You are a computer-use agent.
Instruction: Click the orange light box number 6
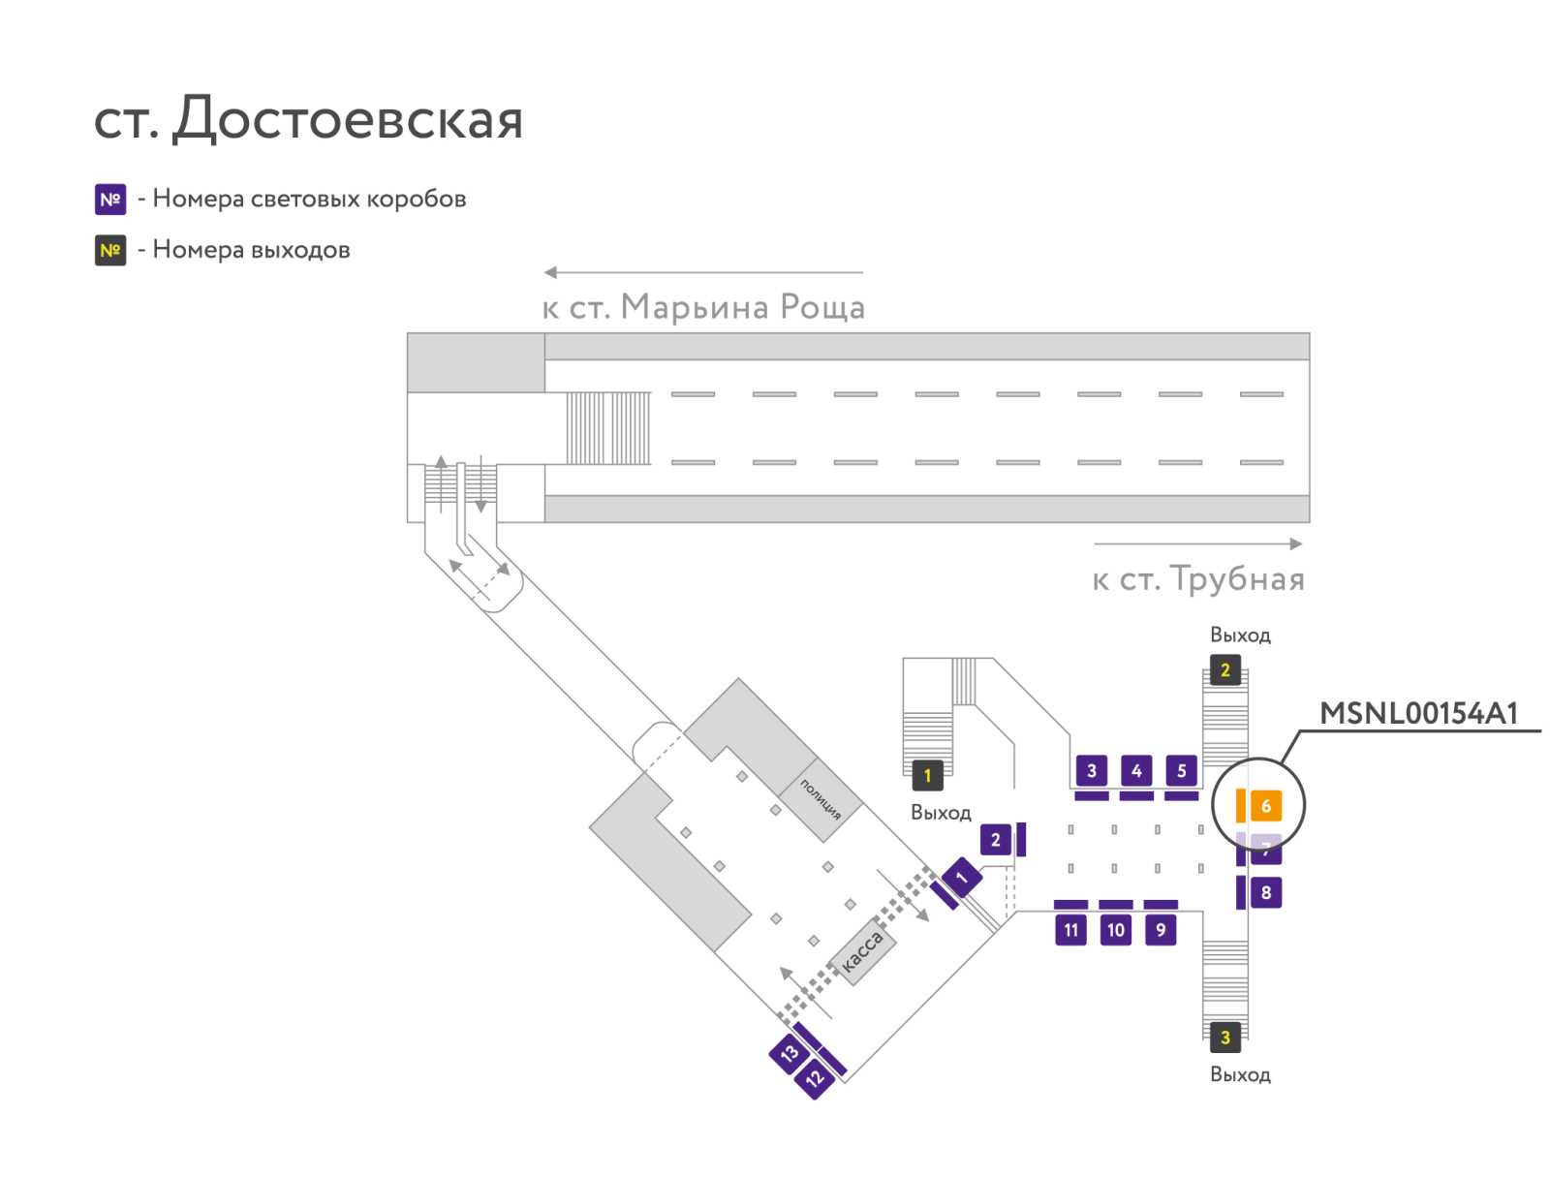point(1265,805)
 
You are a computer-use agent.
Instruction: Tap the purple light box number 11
point(1070,930)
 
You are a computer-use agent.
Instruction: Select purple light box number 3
point(1092,770)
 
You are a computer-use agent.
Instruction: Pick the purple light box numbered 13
point(790,1053)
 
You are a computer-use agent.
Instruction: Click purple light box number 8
point(1265,892)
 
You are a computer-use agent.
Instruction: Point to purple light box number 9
point(1161,930)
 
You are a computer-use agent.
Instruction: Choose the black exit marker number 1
point(927,775)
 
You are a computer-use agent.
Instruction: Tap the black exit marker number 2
point(1225,669)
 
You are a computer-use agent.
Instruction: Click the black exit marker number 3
point(1225,1037)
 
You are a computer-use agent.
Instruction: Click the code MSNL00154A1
point(1418,713)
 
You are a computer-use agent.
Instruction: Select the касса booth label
point(862,950)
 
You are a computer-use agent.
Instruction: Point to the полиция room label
point(820,799)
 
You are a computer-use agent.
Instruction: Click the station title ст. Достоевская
point(309,118)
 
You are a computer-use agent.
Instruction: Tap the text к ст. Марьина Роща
point(703,306)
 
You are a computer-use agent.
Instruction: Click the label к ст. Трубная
point(1197,578)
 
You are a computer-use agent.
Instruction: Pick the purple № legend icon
point(110,199)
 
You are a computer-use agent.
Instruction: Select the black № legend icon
point(110,250)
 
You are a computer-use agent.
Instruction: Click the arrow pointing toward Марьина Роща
point(702,272)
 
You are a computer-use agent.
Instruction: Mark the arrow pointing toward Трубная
point(1197,543)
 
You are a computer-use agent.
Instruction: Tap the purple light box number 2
point(995,839)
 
